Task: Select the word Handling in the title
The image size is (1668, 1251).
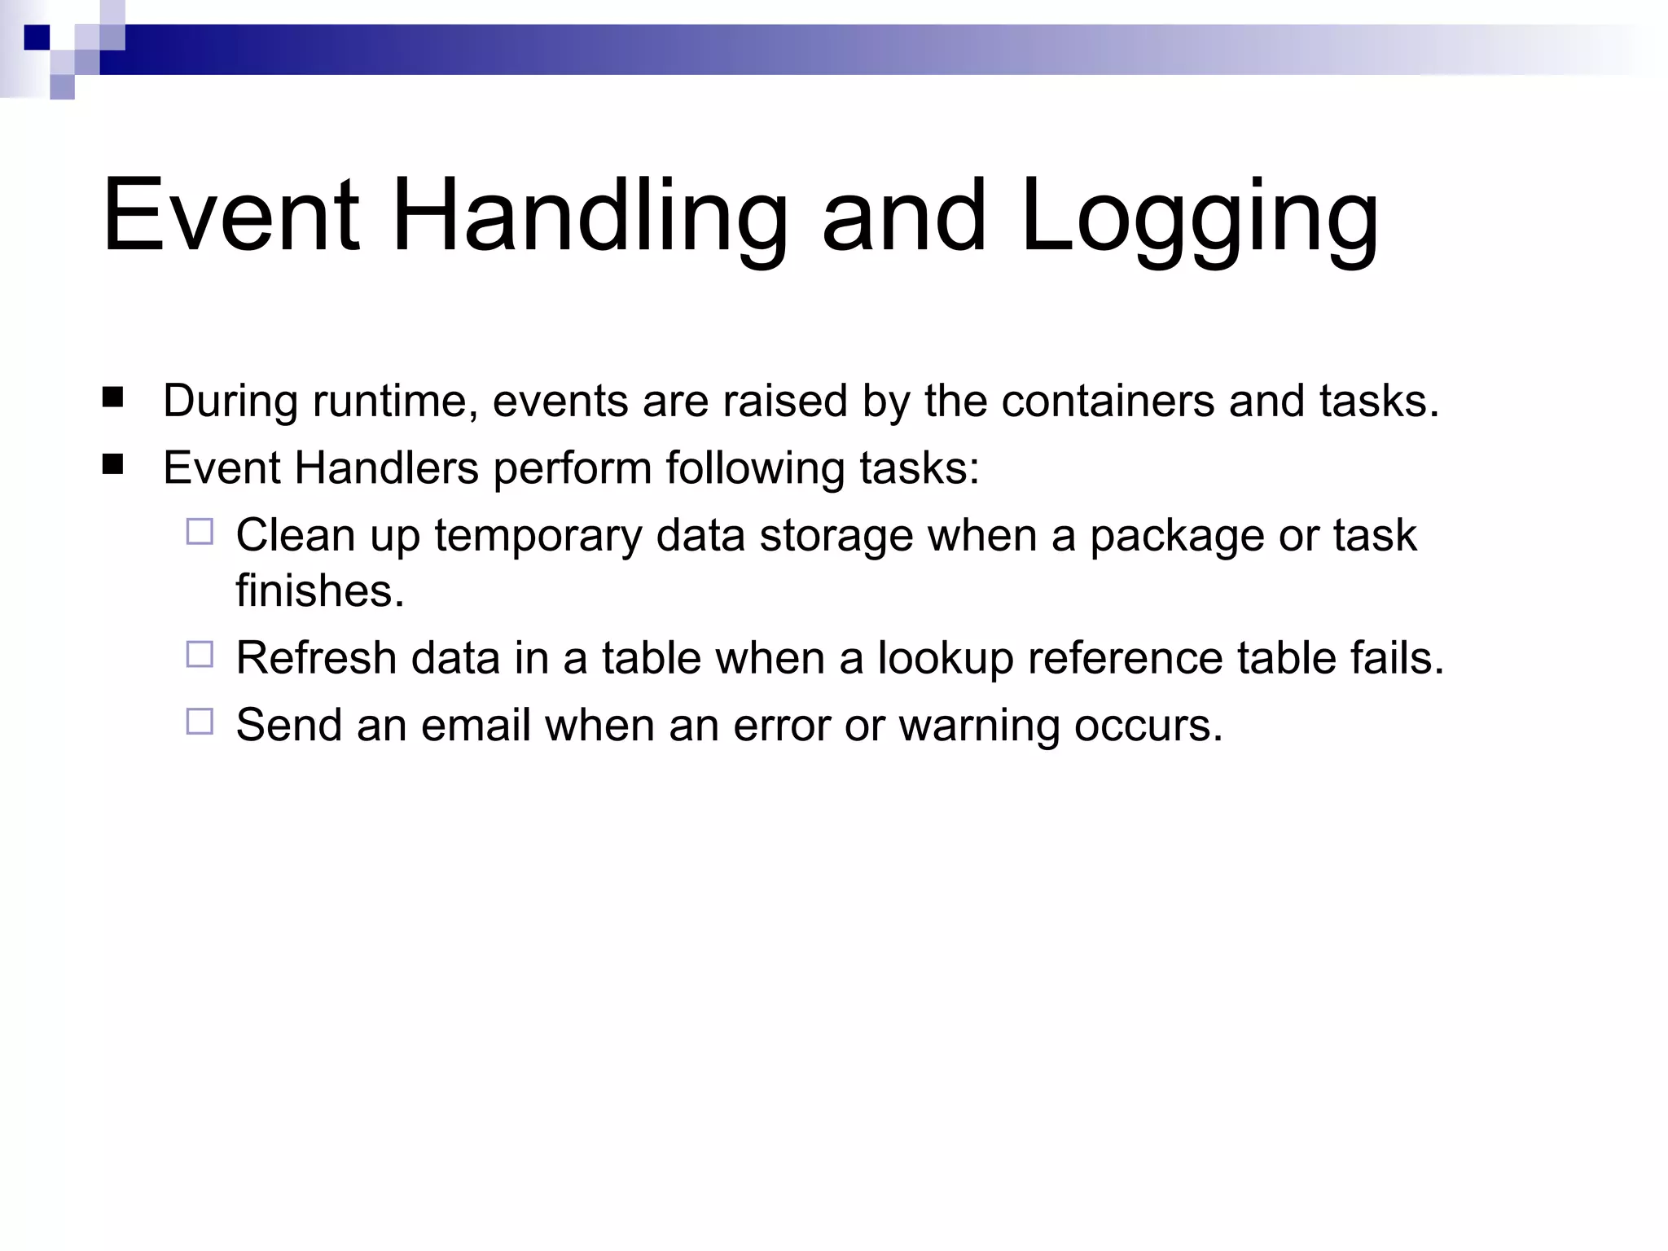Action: pos(590,218)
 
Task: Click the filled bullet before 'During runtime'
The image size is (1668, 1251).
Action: pos(113,397)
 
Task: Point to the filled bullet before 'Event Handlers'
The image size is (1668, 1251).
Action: pos(113,465)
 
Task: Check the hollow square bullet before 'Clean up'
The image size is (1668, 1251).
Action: pos(200,532)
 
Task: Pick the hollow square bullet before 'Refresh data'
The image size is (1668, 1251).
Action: pos(200,654)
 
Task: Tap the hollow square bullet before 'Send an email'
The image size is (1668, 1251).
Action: pos(200,722)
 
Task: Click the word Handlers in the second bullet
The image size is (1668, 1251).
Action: pos(386,468)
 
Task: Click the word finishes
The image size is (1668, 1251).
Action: pos(320,590)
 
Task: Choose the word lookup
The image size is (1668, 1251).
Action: pos(945,658)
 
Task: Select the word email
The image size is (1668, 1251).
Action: pos(476,725)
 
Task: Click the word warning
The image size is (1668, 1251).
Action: pos(979,726)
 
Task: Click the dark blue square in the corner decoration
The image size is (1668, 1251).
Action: pos(37,37)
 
